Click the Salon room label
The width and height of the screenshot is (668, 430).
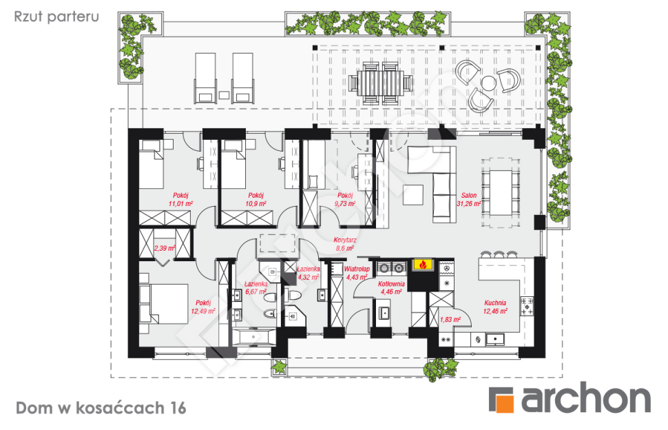(x=468, y=196)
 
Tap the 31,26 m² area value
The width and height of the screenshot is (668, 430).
(x=468, y=204)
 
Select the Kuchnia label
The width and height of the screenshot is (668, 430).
(x=495, y=303)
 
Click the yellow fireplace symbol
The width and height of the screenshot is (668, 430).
(x=423, y=265)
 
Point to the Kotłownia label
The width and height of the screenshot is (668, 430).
(x=391, y=284)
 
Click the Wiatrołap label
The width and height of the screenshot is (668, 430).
(x=357, y=269)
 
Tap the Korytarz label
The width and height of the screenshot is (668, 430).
(x=344, y=240)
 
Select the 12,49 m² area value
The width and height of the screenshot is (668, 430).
(x=202, y=311)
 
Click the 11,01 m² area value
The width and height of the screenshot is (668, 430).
(x=180, y=204)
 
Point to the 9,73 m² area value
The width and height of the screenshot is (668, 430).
(x=344, y=204)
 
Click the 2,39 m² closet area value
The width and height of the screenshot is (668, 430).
(x=165, y=248)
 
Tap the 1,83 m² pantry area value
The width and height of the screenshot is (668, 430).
(x=450, y=320)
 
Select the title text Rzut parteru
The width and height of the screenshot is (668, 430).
(x=56, y=17)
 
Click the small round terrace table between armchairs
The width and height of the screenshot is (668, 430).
(x=488, y=83)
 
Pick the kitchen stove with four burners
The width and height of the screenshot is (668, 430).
(x=527, y=307)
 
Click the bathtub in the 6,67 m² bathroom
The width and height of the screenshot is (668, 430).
(x=253, y=337)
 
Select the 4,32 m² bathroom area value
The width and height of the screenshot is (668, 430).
(x=308, y=277)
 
